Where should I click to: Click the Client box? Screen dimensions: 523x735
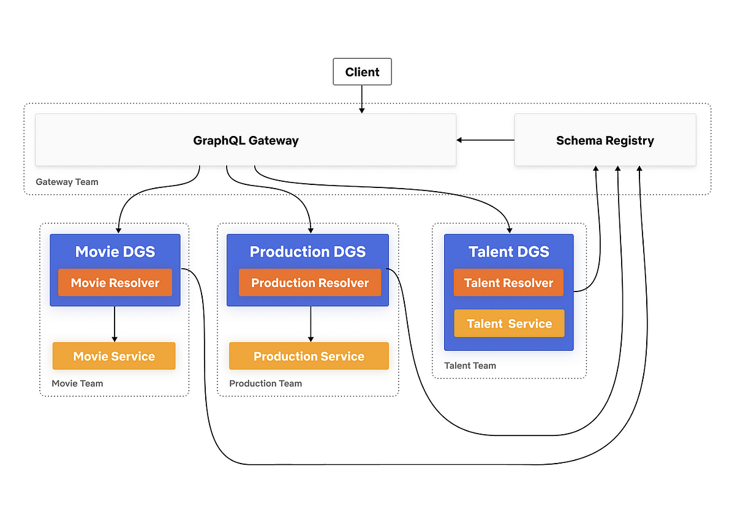[x=362, y=72]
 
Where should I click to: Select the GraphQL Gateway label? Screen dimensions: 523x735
[x=246, y=140]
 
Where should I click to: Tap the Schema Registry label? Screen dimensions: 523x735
[x=605, y=140]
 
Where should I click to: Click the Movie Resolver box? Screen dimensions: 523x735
[x=115, y=283]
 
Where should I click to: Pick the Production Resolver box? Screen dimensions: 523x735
[x=310, y=283]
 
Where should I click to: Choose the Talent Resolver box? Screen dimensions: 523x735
[x=508, y=283]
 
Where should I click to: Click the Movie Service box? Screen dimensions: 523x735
[x=114, y=356]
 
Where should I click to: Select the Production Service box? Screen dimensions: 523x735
[x=309, y=356]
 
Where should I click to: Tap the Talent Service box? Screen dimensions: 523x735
[x=509, y=323]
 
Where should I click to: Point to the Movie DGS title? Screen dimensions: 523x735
[x=115, y=252]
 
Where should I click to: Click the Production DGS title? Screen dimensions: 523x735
[x=307, y=252]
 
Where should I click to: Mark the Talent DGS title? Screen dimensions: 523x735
[x=508, y=252]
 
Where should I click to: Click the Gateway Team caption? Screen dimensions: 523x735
[x=67, y=182]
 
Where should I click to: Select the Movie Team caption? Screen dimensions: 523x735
[x=77, y=383]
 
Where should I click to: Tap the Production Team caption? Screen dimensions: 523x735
[x=265, y=383]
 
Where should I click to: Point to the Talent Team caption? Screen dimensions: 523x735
[x=470, y=366]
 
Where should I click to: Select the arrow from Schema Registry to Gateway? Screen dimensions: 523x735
[x=485, y=140]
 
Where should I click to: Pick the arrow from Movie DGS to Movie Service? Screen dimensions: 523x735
[x=115, y=324]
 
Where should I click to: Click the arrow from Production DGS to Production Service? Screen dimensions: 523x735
[x=311, y=324]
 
